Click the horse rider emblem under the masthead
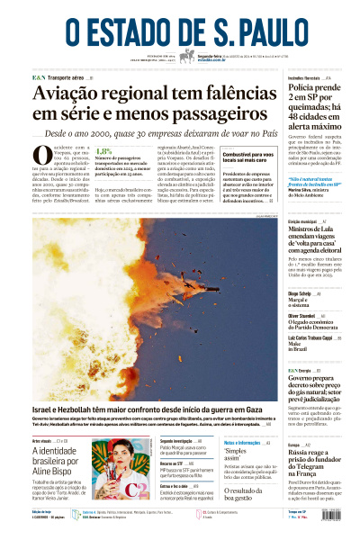187,56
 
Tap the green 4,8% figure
103,152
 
